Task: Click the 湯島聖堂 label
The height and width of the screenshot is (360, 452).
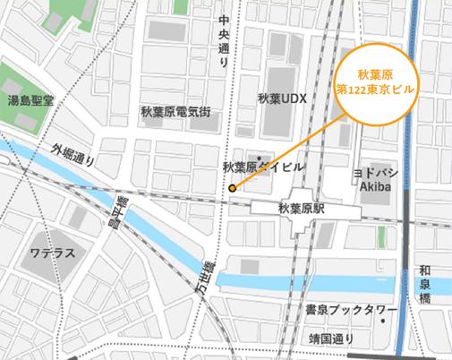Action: (x=30, y=100)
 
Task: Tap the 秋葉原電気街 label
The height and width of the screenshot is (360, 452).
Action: (x=175, y=112)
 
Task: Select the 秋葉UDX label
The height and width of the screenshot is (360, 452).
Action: (x=282, y=100)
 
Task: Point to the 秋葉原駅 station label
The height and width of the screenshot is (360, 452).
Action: (x=301, y=207)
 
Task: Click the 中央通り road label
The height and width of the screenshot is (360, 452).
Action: (x=224, y=42)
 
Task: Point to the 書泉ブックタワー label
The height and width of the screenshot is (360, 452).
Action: (x=351, y=310)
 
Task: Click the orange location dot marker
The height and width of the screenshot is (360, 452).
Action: (x=232, y=188)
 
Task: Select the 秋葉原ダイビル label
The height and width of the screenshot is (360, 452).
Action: (x=262, y=167)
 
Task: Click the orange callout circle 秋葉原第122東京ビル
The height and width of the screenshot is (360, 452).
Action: (x=373, y=82)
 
